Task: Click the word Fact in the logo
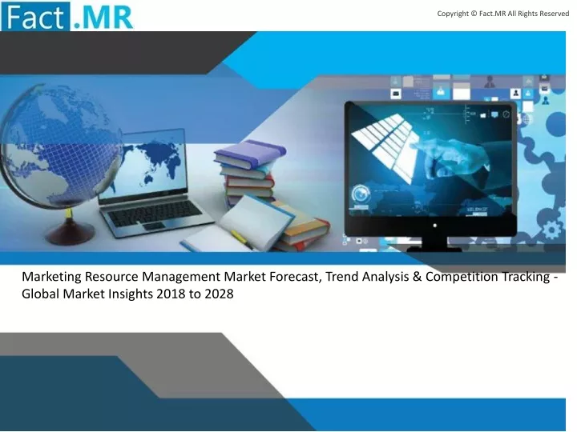pyautogui.click(x=35, y=17)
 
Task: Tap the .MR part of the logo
pyautogui.click(x=103, y=17)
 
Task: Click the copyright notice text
pyautogui.click(x=503, y=14)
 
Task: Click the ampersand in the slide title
pyautogui.click(x=417, y=277)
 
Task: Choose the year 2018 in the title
pyautogui.click(x=171, y=294)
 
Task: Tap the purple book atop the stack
pyautogui.click(x=250, y=154)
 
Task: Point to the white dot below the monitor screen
pyautogui.click(x=434, y=226)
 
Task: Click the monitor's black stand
pyautogui.click(x=434, y=244)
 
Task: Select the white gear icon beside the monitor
pyautogui.click(x=551, y=230)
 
